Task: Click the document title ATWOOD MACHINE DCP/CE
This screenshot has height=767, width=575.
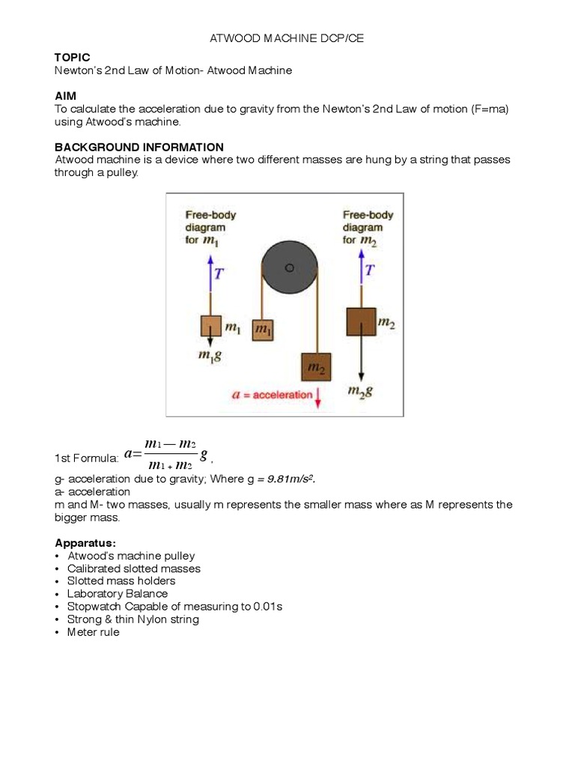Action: click(287, 38)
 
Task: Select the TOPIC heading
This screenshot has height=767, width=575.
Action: click(72, 58)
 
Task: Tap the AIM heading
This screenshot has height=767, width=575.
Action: click(65, 96)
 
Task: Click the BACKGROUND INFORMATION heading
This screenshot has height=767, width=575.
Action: click(139, 147)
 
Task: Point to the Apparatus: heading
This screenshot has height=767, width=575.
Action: click(85, 542)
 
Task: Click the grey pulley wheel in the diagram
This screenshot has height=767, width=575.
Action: click(289, 268)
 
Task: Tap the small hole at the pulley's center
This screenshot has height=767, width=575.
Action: click(290, 268)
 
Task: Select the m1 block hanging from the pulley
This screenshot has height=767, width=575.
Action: click(261, 330)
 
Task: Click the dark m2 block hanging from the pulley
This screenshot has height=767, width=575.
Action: click(314, 367)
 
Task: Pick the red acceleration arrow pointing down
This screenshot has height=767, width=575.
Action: click(319, 396)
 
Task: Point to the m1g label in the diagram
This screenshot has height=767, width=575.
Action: click(209, 357)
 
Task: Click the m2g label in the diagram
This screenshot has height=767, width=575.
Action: click(361, 390)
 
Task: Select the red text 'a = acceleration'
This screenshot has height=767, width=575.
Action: click(273, 395)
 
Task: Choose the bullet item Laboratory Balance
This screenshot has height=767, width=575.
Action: click(117, 593)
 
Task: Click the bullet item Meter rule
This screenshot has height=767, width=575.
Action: click(93, 631)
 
